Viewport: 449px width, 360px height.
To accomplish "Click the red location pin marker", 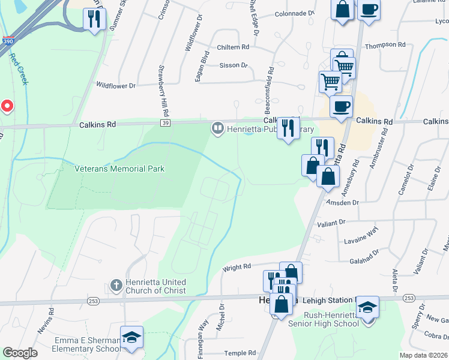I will click(7, 107).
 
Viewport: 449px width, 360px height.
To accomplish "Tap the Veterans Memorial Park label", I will click(119, 169).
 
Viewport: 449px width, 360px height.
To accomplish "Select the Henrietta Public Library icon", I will click(216, 128).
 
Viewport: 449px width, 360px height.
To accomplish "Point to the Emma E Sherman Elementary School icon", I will click(131, 337).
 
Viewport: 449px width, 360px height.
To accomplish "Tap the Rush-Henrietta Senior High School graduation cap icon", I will click(368, 308).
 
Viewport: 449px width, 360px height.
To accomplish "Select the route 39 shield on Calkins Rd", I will click(163, 123).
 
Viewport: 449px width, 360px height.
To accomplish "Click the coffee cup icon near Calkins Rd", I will click(341, 107).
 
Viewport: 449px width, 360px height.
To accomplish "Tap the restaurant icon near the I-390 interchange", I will click(93, 19).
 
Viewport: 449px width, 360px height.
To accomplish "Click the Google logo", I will click(20, 353).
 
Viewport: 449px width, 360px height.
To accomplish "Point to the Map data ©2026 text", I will click(423, 355).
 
